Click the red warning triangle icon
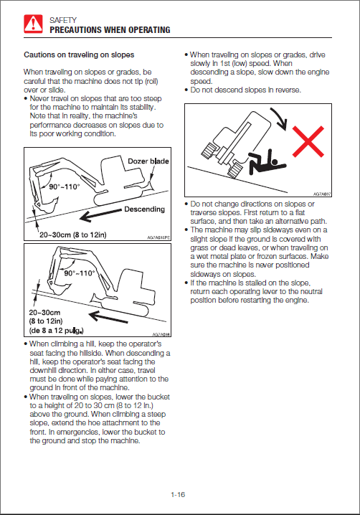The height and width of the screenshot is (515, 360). click(x=33, y=24)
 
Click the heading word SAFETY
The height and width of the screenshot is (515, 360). click(x=63, y=20)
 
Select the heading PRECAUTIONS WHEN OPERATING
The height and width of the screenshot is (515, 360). click(x=110, y=30)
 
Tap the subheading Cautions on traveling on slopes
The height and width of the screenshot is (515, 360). click(x=79, y=55)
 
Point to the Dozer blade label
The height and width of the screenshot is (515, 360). click(x=148, y=161)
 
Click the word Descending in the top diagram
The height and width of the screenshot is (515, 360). click(x=145, y=209)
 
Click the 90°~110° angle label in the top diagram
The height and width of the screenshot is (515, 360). click(x=65, y=187)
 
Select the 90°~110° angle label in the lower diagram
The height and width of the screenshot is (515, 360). click(x=80, y=273)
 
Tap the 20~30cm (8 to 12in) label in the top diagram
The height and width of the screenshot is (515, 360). click(x=73, y=235)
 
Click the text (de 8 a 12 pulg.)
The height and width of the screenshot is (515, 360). click(x=56, y=331)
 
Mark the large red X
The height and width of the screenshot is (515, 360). click(x=308, y=141)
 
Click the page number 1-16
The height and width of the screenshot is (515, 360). click(x=178, y=495)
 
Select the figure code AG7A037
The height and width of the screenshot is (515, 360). click(x=322, y=194)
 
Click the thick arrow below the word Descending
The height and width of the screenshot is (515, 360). click(x=100, y=214)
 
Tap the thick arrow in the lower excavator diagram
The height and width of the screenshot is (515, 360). click(x=108, y=317)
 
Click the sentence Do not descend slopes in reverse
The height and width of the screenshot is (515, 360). click(x=246, y=90)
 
